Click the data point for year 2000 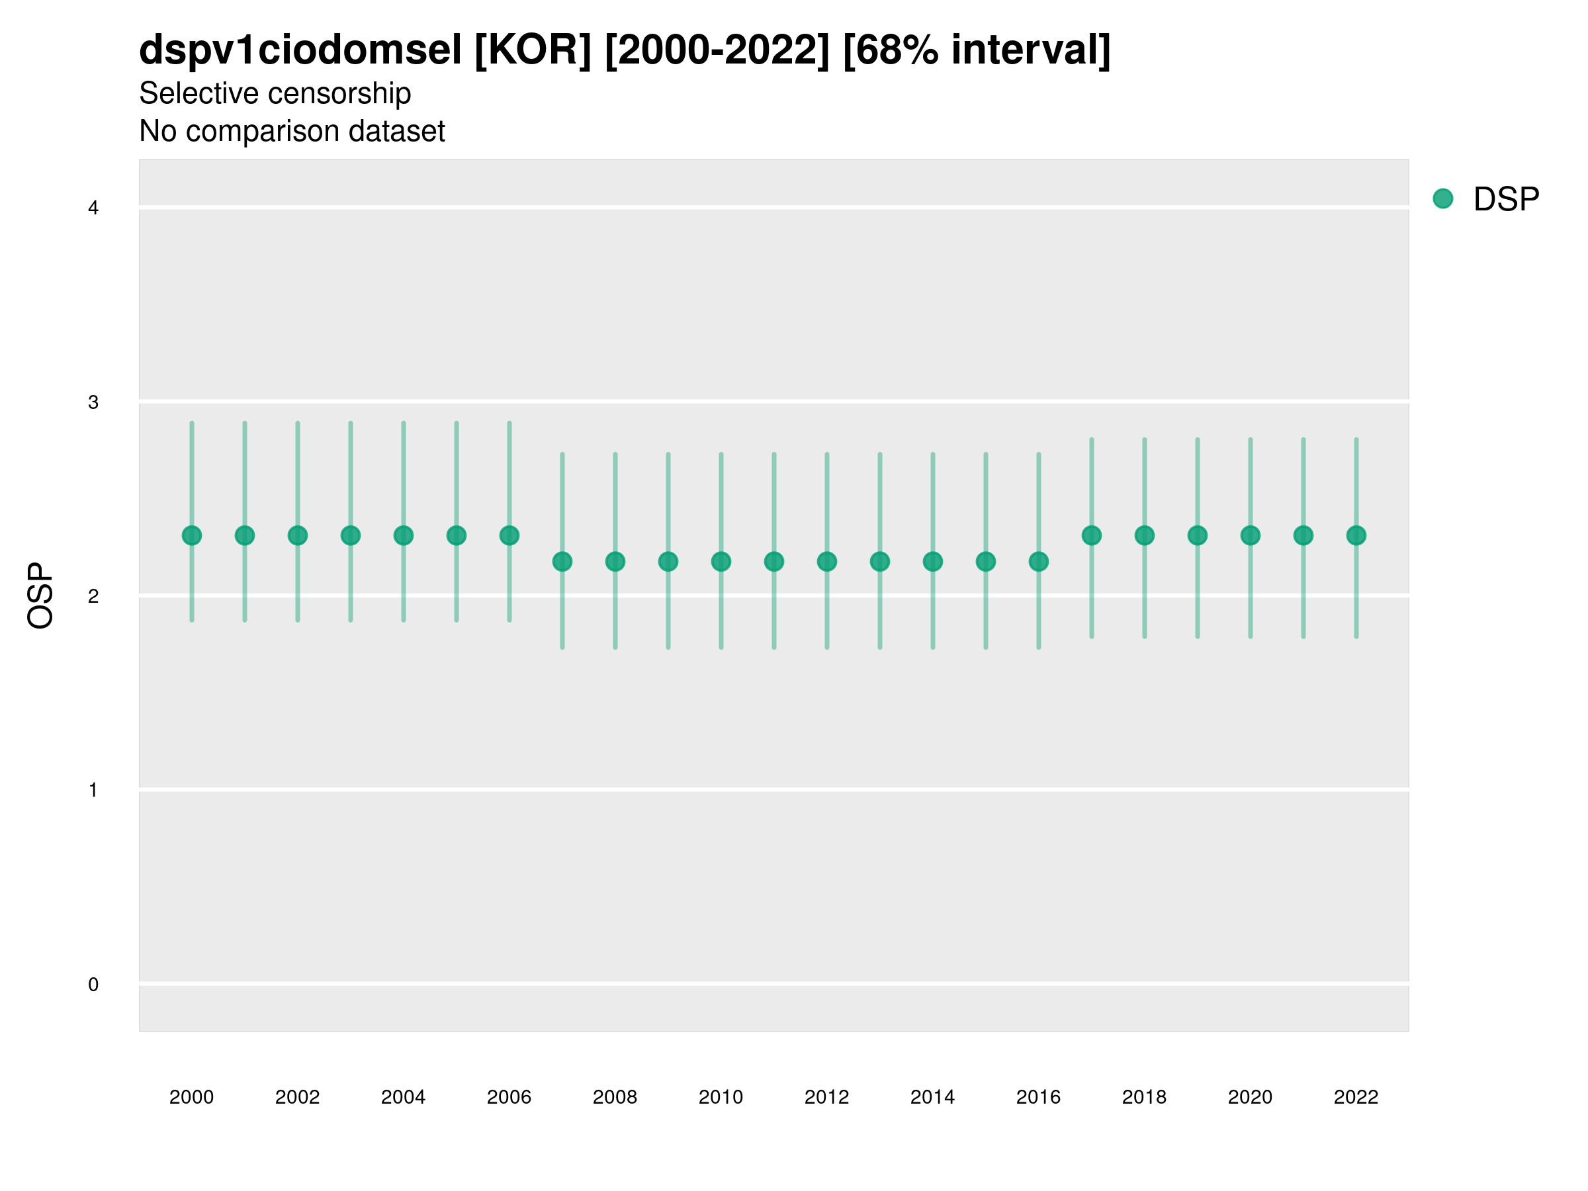pyautogui.click(x=192, y=535)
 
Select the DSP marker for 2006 pyautogui.click(x=509, y=535)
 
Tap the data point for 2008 pyautogui.click(x=615, y=561)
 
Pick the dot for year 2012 pyautogui.click(x=827, y=561)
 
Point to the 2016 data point pyautogui.click(x=1039, y=561)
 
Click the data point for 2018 pyautogui.click(x=1144, y=535)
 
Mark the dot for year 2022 pyautogui.click(x=1356, y=535)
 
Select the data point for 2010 pyautogui.click(x=721, y=561)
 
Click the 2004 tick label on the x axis pyautogui.click(x=403, y=1097)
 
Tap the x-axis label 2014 pyautogui.click(x=932, y=1097)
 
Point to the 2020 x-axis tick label pyautogui.click(x=1250, y=1097)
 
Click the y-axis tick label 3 pyautogui.click(x=93, y=402)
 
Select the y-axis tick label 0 pyautogui.click(x=93, y=985)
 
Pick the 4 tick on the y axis pyautogui.click(x=93, y=208)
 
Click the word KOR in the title pyautogui.click(x=533, y=50)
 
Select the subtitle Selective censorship pyautogui.click(x=275, y=93)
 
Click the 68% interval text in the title pyautogui.click(x=977, y=50)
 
